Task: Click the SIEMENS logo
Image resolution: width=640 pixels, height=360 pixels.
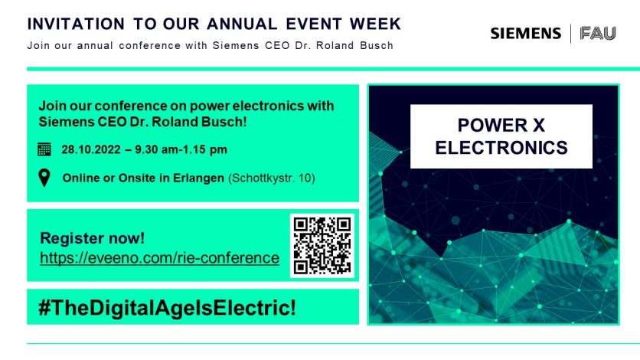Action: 526,34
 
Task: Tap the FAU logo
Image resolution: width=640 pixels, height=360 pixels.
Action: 598,34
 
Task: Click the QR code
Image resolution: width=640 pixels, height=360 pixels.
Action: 322,245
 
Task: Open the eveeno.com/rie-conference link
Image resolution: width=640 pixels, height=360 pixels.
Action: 159,258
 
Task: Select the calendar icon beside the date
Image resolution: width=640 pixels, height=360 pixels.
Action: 44,149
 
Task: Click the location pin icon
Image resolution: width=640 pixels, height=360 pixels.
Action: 44,178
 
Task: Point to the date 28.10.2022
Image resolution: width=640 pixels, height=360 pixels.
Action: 91,150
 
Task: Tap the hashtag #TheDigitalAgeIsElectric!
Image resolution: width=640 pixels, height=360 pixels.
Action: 167,307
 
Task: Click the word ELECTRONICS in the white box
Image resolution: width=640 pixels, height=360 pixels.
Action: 501,147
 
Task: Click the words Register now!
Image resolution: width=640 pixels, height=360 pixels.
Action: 92,238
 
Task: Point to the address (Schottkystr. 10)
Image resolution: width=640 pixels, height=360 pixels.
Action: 272,178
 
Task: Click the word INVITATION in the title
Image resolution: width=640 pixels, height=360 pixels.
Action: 76,24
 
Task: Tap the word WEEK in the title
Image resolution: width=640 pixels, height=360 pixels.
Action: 376,24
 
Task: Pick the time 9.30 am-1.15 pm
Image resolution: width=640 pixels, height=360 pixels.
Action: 181,150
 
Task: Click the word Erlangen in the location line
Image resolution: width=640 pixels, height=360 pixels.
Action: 198,178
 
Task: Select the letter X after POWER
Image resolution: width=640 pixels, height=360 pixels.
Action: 538,126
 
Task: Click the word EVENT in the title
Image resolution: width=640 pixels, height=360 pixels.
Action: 313,24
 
